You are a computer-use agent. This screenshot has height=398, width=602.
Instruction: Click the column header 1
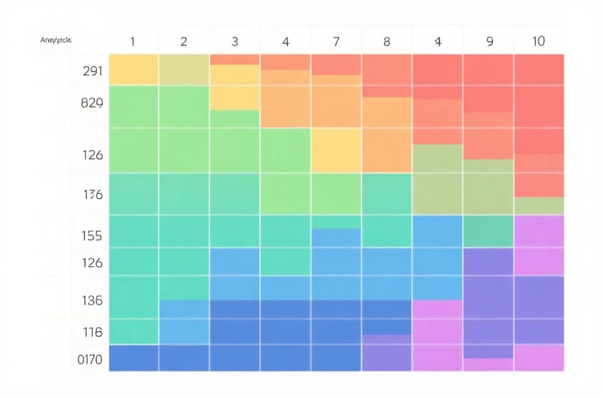132,42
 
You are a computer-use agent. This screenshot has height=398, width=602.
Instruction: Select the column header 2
183,42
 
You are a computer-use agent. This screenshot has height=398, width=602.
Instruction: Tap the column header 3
235,42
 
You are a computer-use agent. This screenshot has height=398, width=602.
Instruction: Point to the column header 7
336,42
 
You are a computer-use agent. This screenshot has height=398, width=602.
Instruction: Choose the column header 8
387,42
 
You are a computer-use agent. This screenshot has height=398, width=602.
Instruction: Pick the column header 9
489,42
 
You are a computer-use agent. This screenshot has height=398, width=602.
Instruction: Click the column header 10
539,42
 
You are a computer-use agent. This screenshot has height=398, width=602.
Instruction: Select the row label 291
93,72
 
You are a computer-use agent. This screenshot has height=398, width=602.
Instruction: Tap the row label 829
93,103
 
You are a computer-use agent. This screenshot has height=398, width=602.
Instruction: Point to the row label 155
93,236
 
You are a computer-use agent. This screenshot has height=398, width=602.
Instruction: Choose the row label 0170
91,359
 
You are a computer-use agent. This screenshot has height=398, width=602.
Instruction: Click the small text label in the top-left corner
56,41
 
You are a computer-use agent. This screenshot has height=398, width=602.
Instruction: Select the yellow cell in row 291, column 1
133,69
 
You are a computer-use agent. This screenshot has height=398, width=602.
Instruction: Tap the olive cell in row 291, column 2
184,69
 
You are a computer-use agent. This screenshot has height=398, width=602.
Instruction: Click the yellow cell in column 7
336,150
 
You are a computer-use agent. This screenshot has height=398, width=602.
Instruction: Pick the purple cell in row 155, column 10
539,231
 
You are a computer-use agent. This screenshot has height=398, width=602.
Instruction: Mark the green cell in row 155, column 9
489,231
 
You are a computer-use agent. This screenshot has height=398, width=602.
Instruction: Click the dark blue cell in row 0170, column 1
133,358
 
